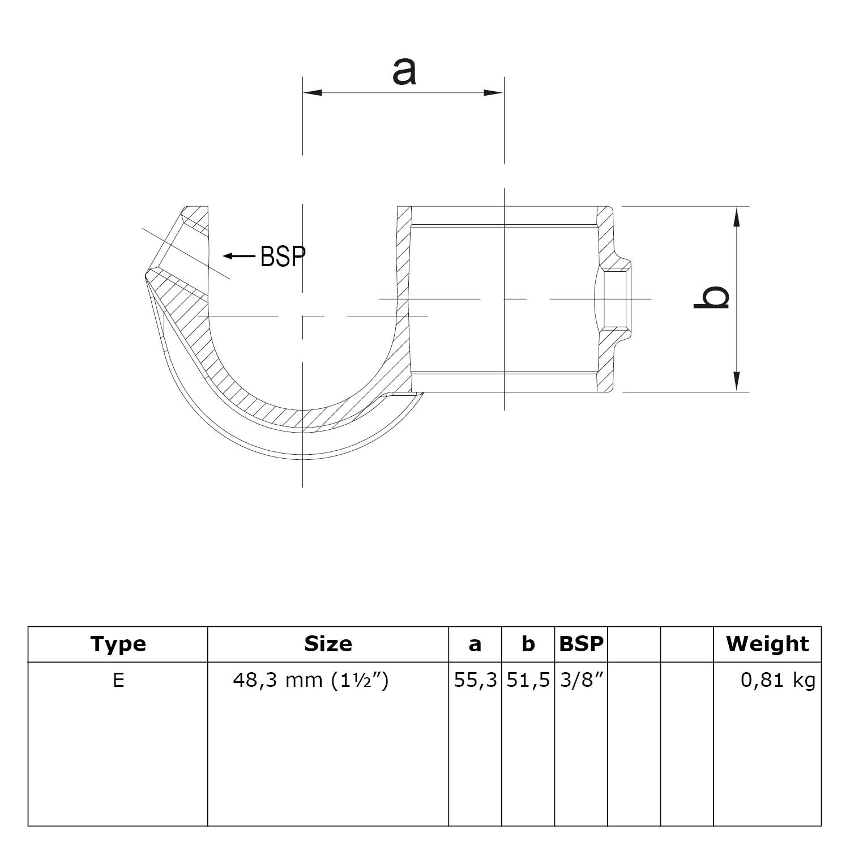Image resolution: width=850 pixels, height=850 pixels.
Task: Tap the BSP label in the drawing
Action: coord(283,257)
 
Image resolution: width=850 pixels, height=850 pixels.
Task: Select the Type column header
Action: coord(118,644)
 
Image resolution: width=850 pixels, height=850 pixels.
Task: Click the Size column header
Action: coord(328,644)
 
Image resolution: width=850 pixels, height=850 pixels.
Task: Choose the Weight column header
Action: coord(767,644)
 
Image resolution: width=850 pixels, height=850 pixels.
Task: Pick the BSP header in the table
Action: coord(581,644)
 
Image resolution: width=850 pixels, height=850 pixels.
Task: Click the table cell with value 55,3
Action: coord(475,680)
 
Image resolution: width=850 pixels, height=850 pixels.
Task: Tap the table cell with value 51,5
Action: coord(528,680)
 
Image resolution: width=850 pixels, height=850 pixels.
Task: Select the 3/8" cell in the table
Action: coord(581,680)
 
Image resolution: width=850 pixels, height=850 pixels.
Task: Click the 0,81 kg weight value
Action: coord(778,680)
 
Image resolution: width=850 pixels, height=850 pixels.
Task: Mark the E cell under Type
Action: coord(118,680)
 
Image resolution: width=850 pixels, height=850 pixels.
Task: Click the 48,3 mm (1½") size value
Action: coord(311,680)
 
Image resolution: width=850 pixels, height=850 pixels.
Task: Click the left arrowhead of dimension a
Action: coord(312,92)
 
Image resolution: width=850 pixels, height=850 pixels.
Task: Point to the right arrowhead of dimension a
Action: coord(494,92)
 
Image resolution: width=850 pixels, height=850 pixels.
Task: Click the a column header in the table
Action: coord(475,644)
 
